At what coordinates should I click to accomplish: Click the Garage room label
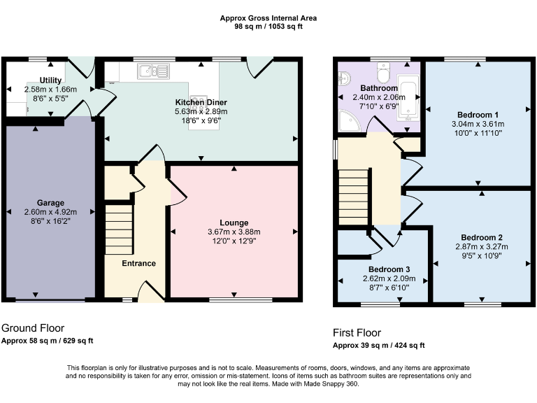click(49, 202)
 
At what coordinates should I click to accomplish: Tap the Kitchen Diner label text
click(201, 101)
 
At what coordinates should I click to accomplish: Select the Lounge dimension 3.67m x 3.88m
click(234, 232)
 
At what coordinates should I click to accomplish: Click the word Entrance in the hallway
click(138, 263)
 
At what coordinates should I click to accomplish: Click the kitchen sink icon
click(152, 70)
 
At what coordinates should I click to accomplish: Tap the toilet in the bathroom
click(382, 72)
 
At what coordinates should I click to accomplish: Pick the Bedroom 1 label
click(478, 114)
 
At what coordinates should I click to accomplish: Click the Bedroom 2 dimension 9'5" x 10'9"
click(482, 256)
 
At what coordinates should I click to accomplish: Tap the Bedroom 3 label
click(389, 269)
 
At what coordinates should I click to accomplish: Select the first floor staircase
click(353, 197)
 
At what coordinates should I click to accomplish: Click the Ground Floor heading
click(33, 327)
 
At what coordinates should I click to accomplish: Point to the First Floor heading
click(357, 332)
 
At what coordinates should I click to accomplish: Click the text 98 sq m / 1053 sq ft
click(268, 27)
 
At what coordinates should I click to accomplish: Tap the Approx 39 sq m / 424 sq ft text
click(378, 346)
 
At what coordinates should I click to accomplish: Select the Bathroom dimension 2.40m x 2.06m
click(378, 97)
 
